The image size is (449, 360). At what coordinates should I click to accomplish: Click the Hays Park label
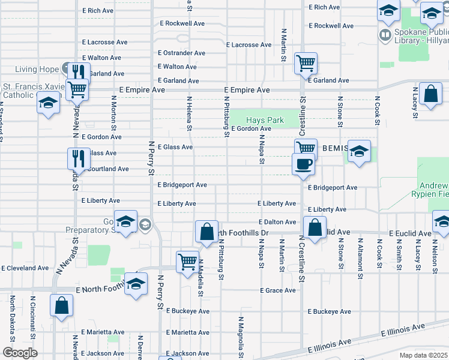coord(265,121)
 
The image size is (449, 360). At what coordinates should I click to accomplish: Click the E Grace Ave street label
coord(278,290)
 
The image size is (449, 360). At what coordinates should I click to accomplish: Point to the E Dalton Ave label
coord(278,222)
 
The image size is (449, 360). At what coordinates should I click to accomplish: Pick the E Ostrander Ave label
coord(182,53)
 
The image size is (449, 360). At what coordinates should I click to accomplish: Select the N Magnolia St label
coord(241,339)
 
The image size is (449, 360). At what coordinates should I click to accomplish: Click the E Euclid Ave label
coord(410,233)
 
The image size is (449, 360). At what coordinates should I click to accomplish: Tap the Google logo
coord(20,353)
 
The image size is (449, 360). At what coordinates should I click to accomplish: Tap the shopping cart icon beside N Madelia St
coord(187,262)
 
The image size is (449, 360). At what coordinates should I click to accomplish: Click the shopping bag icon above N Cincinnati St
coord(62,305)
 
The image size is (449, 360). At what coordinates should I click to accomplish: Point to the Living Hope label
coord(37,69)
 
